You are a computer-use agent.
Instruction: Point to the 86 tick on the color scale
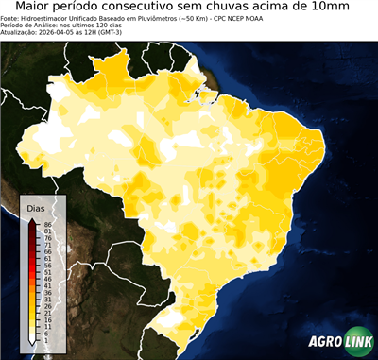pos(47,224)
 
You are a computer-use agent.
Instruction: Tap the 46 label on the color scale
pos(47,279)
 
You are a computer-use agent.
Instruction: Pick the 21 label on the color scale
pos(47,313)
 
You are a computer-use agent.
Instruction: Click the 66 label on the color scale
pos(47,251)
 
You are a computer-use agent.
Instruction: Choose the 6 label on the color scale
pos(45,334)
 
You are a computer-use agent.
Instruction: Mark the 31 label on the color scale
pos(47,300)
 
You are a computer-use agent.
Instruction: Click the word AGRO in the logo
pos(325,342)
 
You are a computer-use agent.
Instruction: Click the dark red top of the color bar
pos(31,227)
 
